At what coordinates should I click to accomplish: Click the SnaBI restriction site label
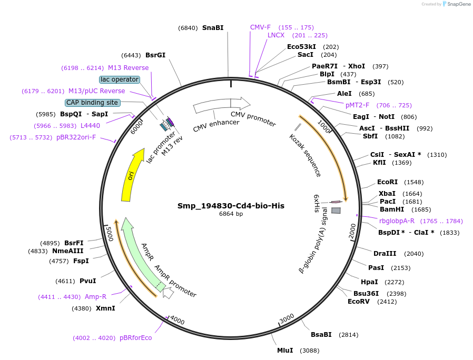213,28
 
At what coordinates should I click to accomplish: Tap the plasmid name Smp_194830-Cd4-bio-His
231,206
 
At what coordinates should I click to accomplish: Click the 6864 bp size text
231,214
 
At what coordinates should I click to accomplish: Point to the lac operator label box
120,79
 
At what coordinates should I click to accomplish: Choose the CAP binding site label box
92,103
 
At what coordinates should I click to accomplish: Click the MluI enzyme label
285,351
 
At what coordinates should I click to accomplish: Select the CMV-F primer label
260,27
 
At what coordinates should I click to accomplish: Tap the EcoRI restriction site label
387,182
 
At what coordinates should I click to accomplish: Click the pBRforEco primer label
135,338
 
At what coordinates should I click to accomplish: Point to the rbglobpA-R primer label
397,221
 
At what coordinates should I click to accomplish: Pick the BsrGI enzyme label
155,55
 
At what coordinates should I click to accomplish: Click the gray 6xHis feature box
336,210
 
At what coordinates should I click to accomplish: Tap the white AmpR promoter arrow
168,293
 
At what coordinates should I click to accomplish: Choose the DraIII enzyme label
384,254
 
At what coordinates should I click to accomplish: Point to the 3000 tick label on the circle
287,318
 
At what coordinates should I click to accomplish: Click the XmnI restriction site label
105,308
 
